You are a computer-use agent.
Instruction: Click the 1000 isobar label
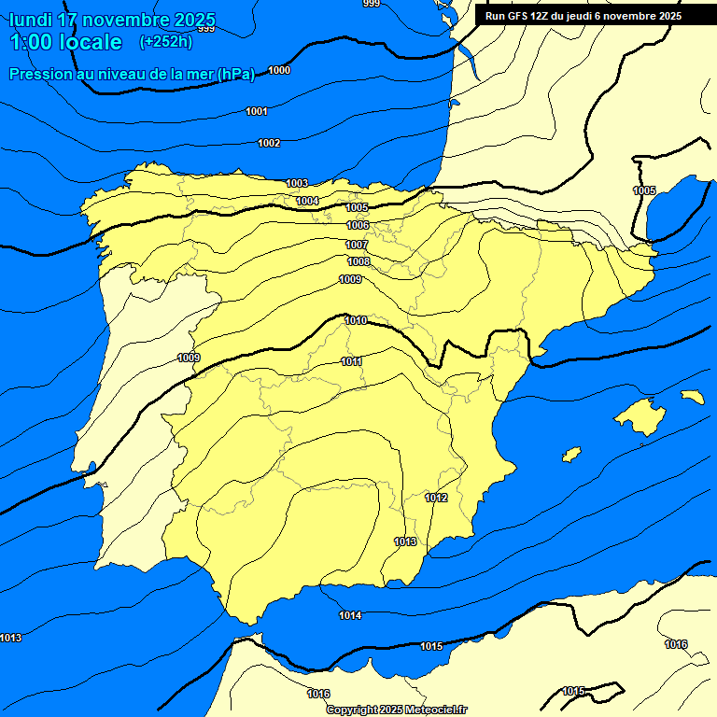[279, 71]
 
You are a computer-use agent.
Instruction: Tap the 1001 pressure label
[257, 112]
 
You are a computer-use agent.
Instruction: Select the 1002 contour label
[269, 143]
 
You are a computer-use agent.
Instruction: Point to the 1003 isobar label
[297, 183]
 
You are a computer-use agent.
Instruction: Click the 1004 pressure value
[307, 201]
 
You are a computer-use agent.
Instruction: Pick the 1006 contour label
[358, 225]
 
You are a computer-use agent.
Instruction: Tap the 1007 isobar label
[357, 245]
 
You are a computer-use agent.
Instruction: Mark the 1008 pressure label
[358, 261]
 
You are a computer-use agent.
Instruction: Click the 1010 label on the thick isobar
[356, 320]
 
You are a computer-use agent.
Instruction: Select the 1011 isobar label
[352, 361]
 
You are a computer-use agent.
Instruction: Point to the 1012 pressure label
[436, 498]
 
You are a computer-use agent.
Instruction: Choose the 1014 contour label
[350, 615]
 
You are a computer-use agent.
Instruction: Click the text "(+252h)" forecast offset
[165, 42]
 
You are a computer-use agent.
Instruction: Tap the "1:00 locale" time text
[65, 42]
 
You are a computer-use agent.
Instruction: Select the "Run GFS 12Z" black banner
[583, 16]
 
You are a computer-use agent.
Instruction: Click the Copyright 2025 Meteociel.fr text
[396, 710]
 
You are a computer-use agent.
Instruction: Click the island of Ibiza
[571, 454]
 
